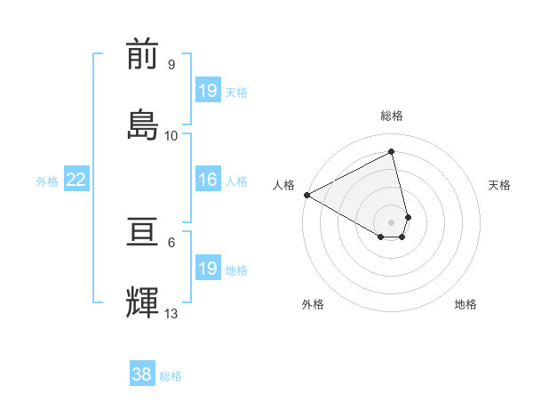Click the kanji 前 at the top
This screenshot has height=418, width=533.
pyautogui.click(x=143, y=55)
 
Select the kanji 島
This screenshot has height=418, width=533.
pyautogui.click(x=143, y=125)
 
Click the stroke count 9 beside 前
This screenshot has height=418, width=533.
pyautogui.click(x=171, y=65)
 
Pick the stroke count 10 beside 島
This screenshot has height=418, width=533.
pyautogui.click(x=171, y=135)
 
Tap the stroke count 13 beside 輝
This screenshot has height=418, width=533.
pyautogui.click(x=171, y=313)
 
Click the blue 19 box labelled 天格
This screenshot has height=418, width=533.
pyautogui.click(x=208, y=90)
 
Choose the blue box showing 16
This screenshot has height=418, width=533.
pyautogui.click(x=208, y=180)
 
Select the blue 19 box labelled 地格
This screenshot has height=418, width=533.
pyautogui.click(x=208, y=269)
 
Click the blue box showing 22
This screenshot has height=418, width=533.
pyautogui.click(x=76, y=180)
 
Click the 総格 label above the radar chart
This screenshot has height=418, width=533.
pyautogui.click(x=392, y=116)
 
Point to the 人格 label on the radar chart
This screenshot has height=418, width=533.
pyautogui.click(x=283, y=185)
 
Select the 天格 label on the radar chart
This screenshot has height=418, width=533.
pyautogui.click(x=500, y=185)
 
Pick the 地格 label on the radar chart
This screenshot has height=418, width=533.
pyautogui.click(x=465, y=304)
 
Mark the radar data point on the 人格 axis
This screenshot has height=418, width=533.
pyautogui.click(x=306, y=195)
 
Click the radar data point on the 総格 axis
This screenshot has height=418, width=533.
pyautogui.click(x=392, y=151)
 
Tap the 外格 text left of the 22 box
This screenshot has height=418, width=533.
pyautogui.click(x=47, y=181)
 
